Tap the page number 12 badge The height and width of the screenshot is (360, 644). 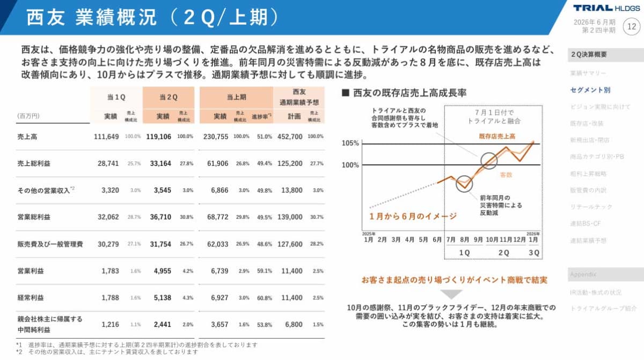(631, 25)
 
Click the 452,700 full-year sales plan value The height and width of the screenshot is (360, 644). (290, 137)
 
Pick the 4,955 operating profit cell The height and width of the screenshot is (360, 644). (162, 271)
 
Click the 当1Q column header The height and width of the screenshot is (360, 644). (116, 97)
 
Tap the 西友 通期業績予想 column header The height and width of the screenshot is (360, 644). (299, 97)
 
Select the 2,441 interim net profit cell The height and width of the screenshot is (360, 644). (162, 325)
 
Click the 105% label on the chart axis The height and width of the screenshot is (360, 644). (350, 143)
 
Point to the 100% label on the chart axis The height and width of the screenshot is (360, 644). (350, 165)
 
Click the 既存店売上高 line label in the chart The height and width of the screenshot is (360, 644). (497, 136)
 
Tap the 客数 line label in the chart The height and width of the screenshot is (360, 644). (506, 174)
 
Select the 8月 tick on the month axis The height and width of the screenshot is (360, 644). (465, 239)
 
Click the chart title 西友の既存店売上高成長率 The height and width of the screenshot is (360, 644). (409, 93)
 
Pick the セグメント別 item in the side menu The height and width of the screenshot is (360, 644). (590, 90)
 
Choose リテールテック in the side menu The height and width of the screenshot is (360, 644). (591, 207)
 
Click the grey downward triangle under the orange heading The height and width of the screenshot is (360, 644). (451, 294)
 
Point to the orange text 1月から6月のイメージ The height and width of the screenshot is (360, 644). (413, 216)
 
